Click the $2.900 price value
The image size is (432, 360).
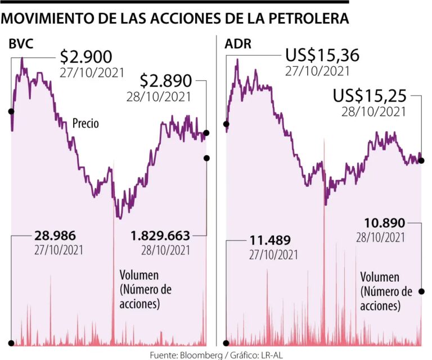(x=86, y=57)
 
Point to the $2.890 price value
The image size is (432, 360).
(x=166, y=81)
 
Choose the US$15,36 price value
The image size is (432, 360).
(x=321, y=57)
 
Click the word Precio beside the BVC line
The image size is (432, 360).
(x=85, y=123)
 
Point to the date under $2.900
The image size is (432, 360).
(x=85, y=72)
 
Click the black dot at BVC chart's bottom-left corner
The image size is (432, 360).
(x=11, y=343)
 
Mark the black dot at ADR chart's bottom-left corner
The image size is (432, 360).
(x=226, y=341)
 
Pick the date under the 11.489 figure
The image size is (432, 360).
(x=273, y=255)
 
